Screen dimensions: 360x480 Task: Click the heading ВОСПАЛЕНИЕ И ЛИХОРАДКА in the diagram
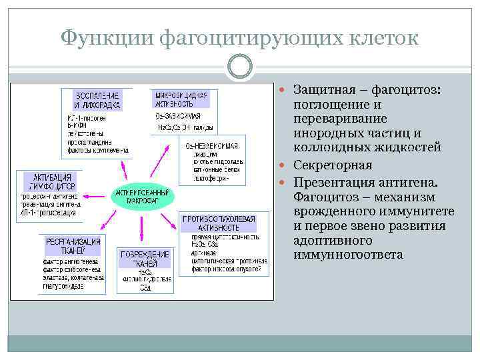97,100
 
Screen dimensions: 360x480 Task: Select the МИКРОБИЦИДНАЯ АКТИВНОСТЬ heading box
179,99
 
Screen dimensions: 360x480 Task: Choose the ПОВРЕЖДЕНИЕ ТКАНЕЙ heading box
145,259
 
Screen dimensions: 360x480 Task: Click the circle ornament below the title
240,66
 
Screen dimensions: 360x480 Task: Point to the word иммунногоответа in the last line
347,255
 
